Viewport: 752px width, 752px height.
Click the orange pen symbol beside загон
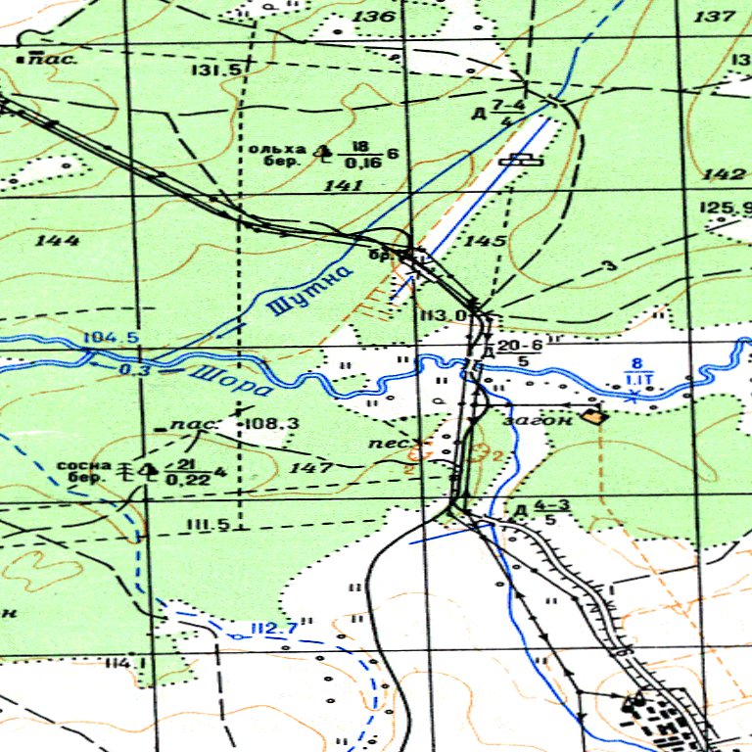(592, 415)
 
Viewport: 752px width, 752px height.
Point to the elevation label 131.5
(217, 70)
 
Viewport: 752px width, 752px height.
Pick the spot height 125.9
(726, 208)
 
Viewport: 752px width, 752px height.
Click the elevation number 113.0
(443, 315)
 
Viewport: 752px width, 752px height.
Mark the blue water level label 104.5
(111, 339)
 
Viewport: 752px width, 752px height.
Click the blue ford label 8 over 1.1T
(639, 372)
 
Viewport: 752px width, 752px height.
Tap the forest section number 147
(311, 468)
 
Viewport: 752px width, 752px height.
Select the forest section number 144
(56, 240)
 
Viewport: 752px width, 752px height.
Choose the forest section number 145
(487, 240)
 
